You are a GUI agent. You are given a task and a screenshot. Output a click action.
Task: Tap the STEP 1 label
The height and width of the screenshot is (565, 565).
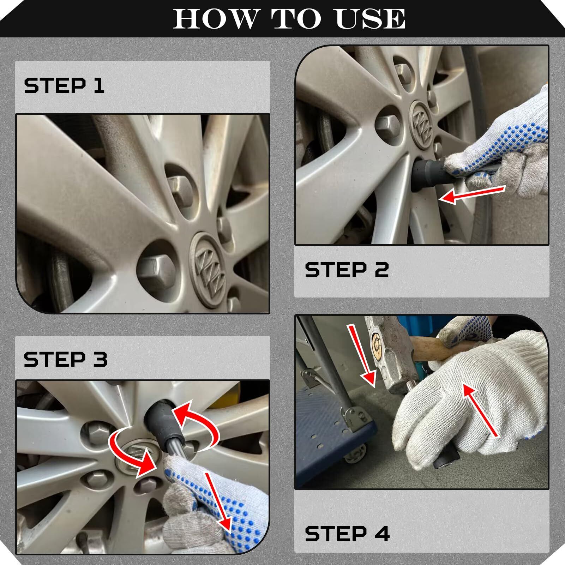(x=64, y=86)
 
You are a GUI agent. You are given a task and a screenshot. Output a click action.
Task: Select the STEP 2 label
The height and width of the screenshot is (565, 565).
(x=347, y=270)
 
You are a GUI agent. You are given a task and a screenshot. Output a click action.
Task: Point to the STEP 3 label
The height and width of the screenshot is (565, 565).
(x=66, y=359)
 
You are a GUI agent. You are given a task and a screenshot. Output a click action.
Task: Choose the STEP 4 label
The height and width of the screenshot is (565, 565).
(x=347, y=533)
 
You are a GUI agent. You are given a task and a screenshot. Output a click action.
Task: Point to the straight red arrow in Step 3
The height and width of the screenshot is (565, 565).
(x=218, y=502)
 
